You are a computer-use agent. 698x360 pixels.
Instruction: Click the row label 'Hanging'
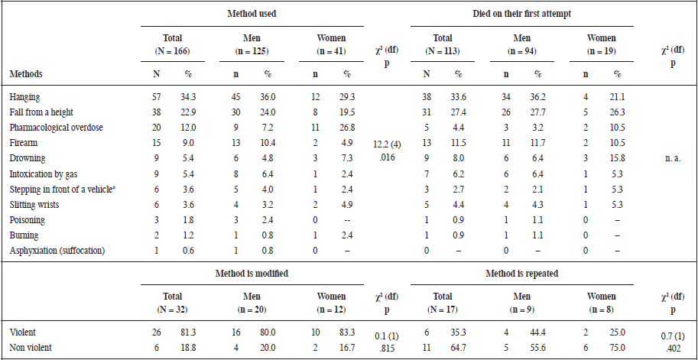coord(25,98)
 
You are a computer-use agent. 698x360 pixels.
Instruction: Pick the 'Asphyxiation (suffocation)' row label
coord(57,251)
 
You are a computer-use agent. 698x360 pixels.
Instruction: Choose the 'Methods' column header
coord(26,74)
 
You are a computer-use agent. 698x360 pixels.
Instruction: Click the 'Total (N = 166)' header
coord(173,44)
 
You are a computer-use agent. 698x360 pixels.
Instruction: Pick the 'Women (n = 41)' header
coord(332,44)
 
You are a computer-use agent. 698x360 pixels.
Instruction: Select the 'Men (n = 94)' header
coord(522,44)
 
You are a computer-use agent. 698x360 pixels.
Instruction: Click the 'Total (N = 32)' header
coord(173,303)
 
